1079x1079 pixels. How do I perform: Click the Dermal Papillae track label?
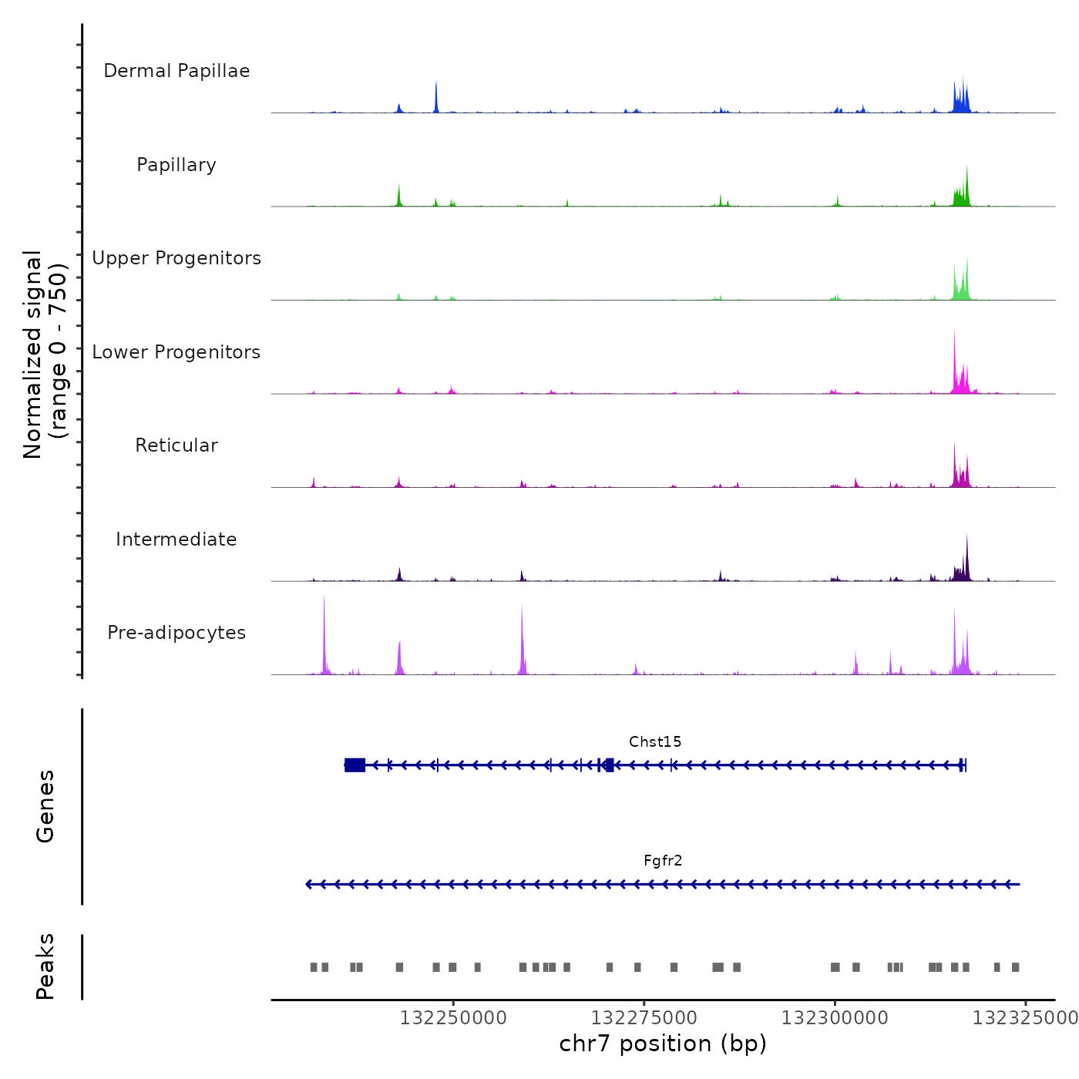[x=176, y=71]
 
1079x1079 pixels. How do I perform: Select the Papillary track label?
[x=176, y=165]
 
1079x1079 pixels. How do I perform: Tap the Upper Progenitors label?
[x=176, y=258]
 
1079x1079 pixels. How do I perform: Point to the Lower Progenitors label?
[x=176, y=352]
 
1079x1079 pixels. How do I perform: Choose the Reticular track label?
[x=176, y=445]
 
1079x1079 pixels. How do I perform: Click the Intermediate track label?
[x=176, y=539]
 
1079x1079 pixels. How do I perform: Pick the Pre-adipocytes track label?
[x=176, y=633]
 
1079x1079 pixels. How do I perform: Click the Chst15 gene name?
[x=655, y=742]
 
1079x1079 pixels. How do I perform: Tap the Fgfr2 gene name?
[x=663, y=861]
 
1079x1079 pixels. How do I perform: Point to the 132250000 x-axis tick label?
[x=453, y=1018]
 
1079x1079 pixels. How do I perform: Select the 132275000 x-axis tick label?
[x=644, y=1018]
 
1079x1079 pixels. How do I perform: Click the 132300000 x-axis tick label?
[x=835, y=1018]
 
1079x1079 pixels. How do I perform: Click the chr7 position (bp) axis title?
[x=663, y=1044]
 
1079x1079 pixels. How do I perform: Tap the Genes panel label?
[x=45, y=806]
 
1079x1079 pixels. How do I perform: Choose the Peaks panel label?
[x=45, y=966]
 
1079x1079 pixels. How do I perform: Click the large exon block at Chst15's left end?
[x=355, y=765]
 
